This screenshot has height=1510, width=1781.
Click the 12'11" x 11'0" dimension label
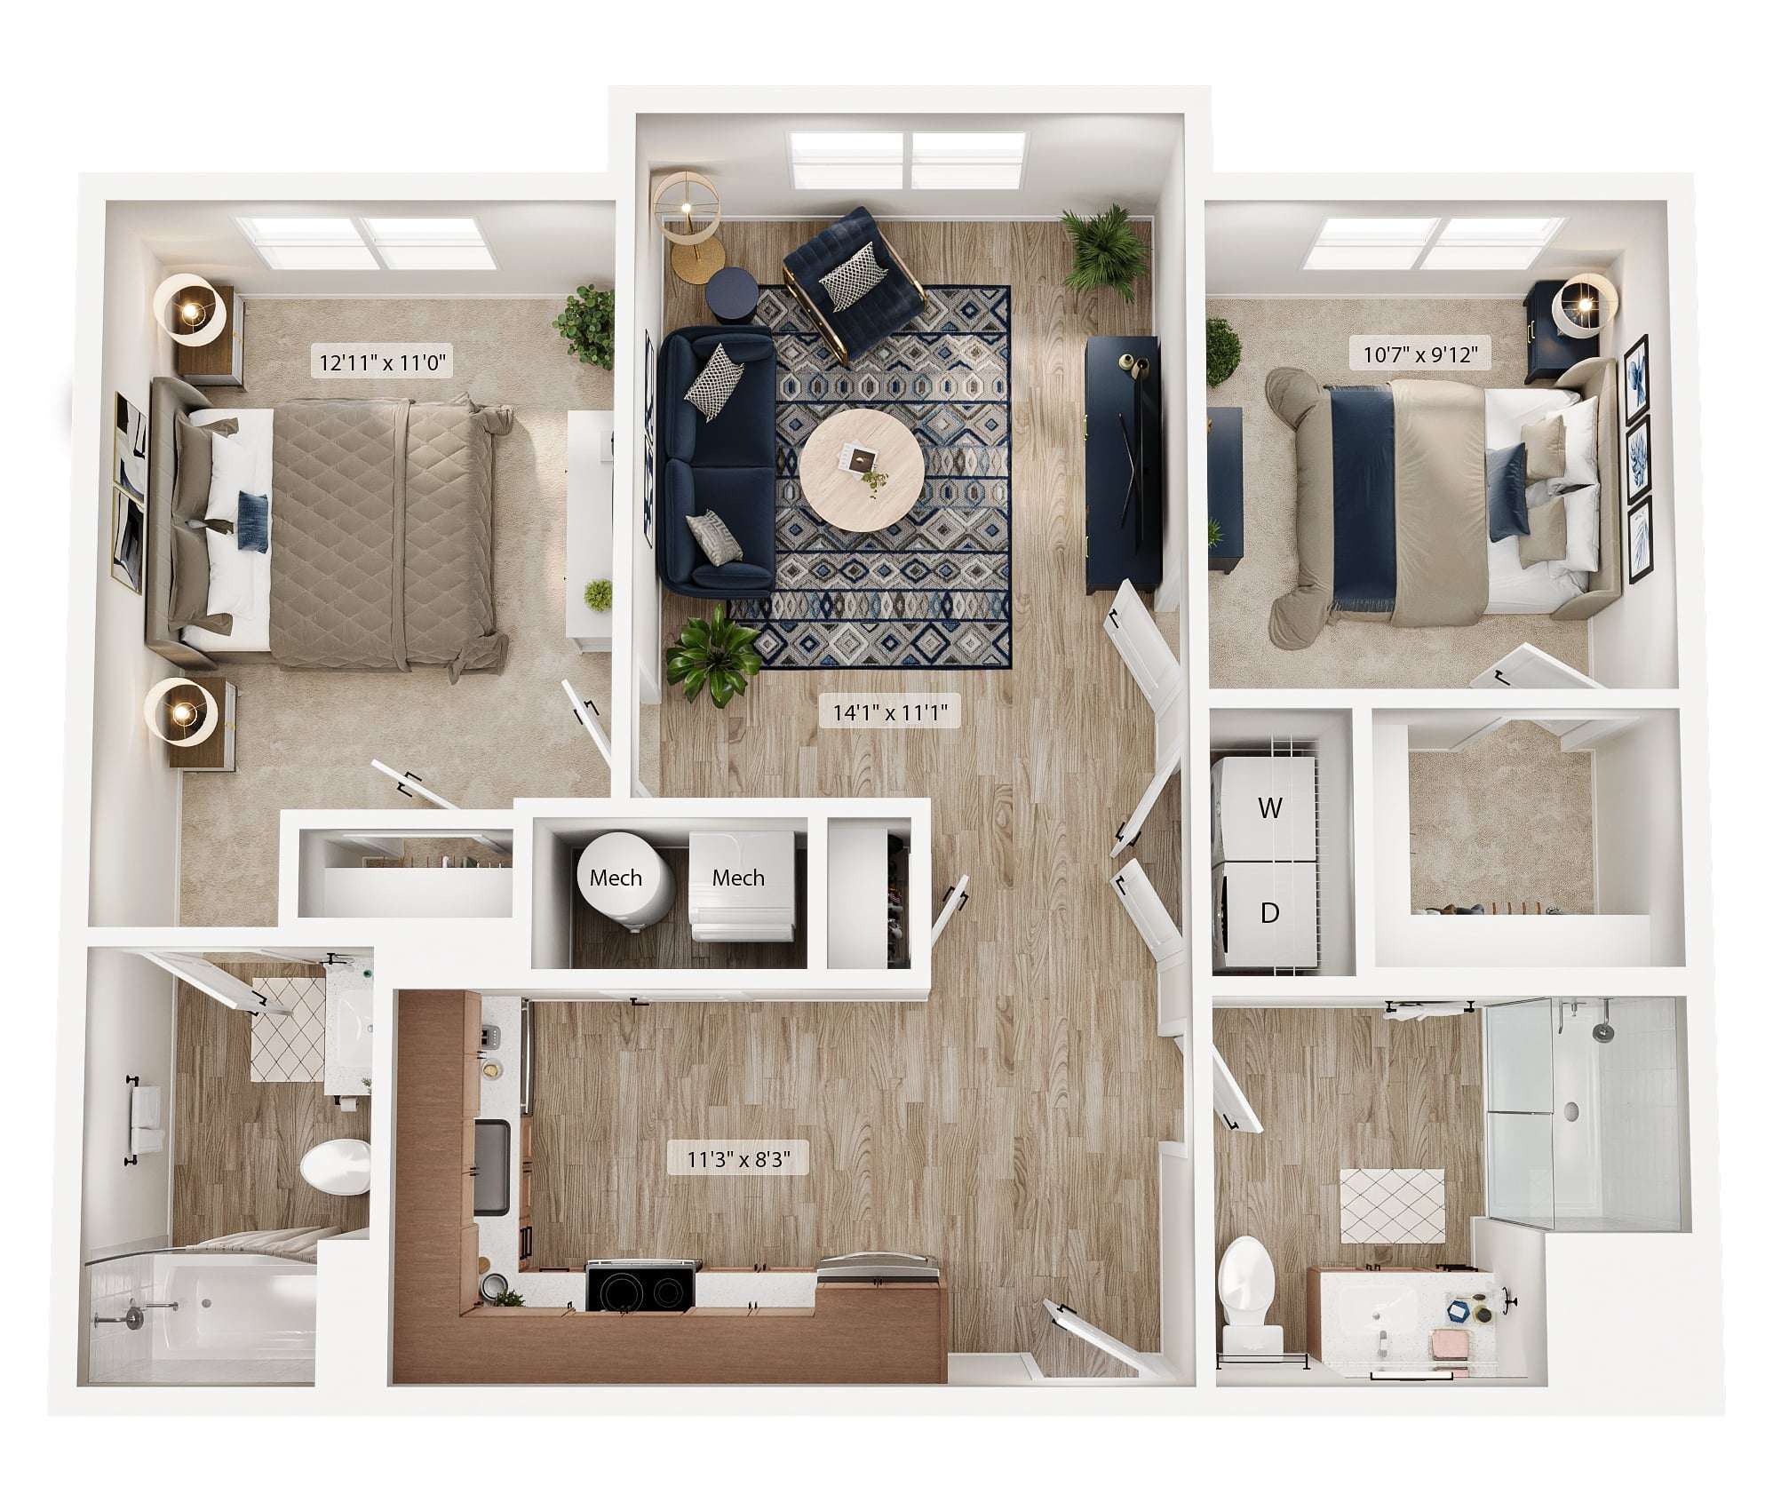pyautogui.click(x=382, y=362)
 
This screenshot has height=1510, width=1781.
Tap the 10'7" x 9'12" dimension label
pyautogui.click(x=1420, y=355)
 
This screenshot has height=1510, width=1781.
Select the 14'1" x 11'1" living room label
pyautogui.click(x=890, y=711)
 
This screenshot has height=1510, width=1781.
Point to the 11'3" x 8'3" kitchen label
pyautogui.click(x=738, y=1158)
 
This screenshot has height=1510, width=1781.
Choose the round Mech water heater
pyautogui.click(x=621, y=879)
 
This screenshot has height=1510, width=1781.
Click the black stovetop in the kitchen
pyautogui.click(x=640, y=1287)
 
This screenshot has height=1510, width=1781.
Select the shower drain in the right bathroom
pyautogui.click(x=1570, y=1110)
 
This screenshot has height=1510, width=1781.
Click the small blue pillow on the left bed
pyautogui.click(x=253, y=523)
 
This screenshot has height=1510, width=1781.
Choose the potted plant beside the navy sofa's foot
pyautogui.click(x=713, y=655)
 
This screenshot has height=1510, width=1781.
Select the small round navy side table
pyautogui.click(x=731, y=293)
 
